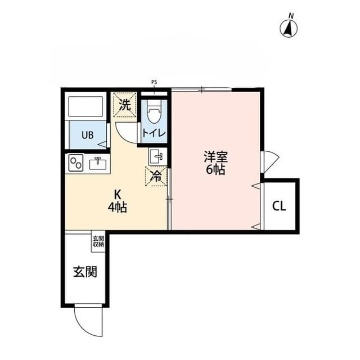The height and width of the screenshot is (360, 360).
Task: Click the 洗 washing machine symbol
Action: point(125,104)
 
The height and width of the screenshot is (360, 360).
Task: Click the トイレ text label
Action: point(153,133)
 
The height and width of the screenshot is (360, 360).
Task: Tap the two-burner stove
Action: point(76,164)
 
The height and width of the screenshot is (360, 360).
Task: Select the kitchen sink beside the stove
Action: point(98,164)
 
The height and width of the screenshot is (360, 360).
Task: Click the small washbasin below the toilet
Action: point(157,156)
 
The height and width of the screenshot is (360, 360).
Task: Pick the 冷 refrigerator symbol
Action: point(157,175)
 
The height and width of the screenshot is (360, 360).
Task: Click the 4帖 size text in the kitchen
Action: point(118,207)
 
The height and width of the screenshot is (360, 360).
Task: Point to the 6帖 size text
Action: point(215,170)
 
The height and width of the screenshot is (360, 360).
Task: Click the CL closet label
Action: point(280,206)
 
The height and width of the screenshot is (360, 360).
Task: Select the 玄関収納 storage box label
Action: point(98,241)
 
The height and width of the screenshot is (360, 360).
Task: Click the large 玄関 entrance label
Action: point(84,272)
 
